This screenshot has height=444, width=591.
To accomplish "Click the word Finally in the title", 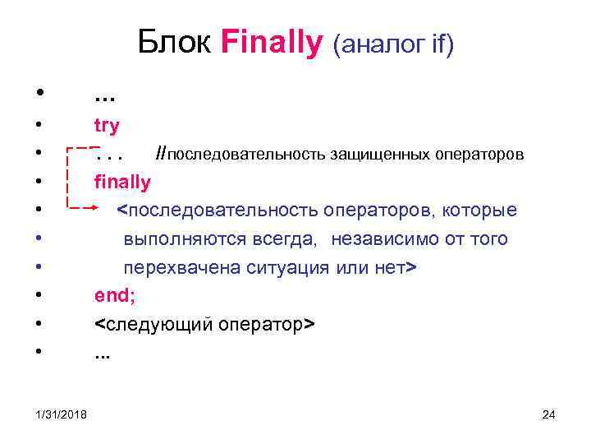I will click(x=272, y=42).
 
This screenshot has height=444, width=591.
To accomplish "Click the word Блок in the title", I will click(x=176, y=42).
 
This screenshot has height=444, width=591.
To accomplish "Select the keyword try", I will click(x=107, y=126).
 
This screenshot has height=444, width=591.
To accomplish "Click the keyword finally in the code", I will click(x=122, y=182).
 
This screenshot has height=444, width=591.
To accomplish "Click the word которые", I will click(x=480, y=210).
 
